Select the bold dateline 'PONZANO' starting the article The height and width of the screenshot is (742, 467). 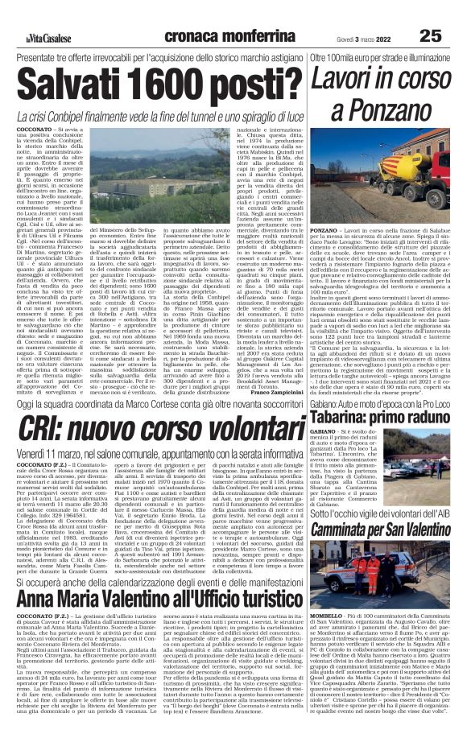[x=324, y=230]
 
